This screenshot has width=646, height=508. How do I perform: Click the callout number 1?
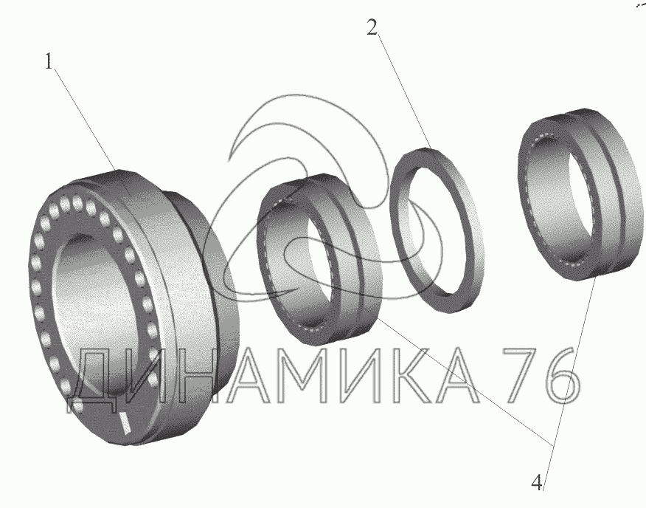coord(49,62)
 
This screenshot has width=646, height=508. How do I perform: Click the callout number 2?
coord(372,27)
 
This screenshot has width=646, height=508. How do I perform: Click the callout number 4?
coord(536,482)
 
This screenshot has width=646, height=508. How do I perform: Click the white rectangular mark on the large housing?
coord(125,422)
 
